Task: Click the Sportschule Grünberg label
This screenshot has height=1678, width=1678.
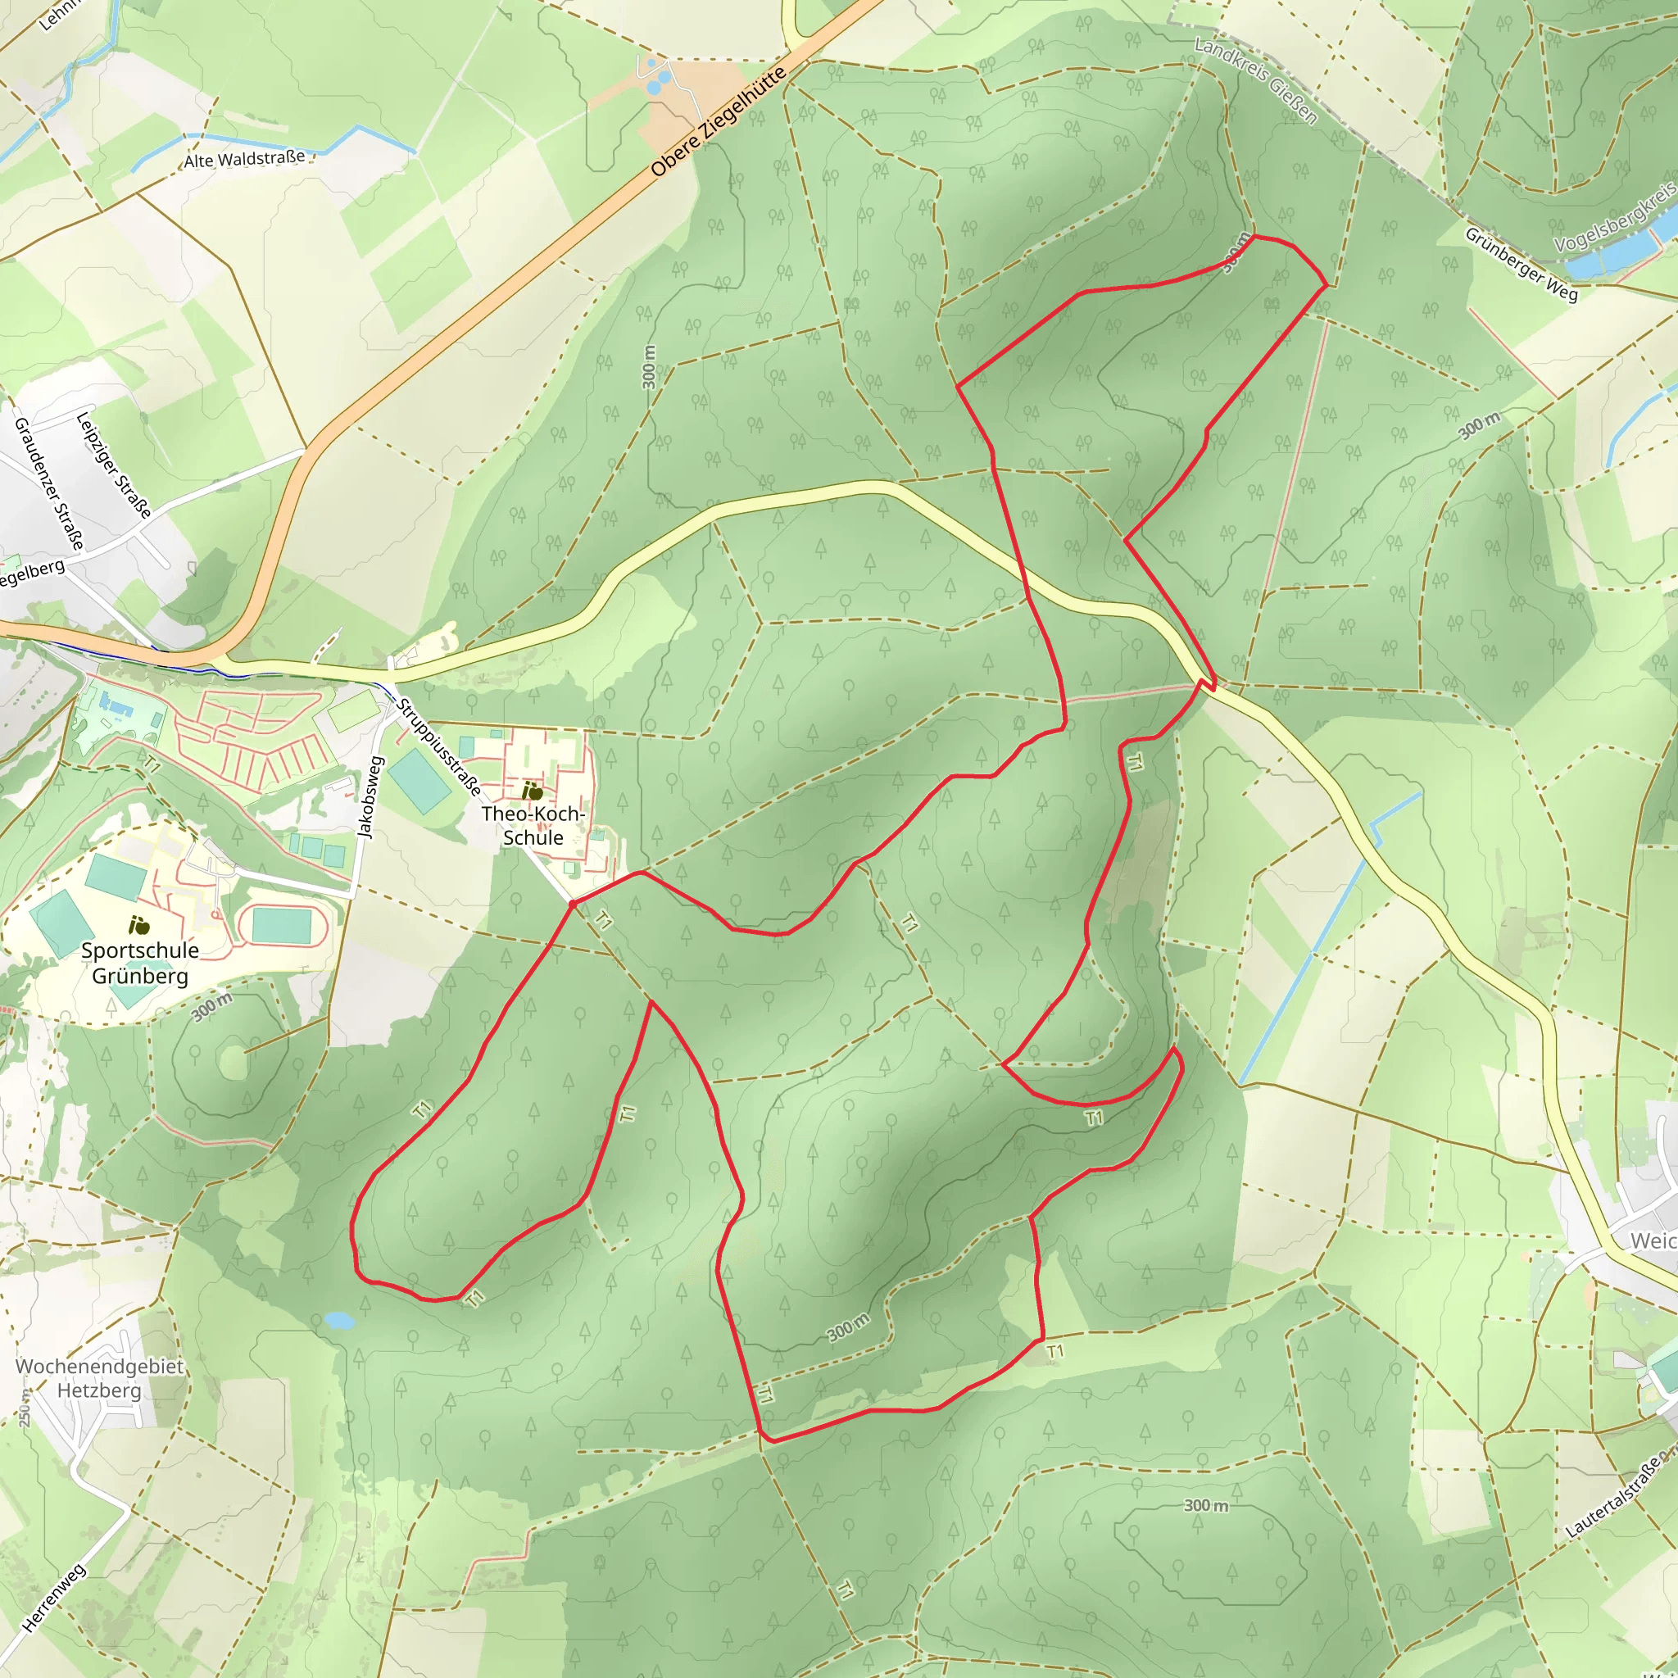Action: coord(140,963)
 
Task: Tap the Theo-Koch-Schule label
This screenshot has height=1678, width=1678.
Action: coord(533,825)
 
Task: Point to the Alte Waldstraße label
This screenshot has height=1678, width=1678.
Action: coord(244,160)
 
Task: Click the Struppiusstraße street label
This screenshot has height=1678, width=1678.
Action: coord(438,746)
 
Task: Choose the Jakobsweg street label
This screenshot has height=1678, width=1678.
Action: coord(371,797)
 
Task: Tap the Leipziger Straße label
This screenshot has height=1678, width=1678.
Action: coord(114,465)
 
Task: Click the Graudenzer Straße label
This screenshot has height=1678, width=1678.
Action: coord(49,483)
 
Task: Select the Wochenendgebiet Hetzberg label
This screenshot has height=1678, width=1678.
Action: coord(99,1378)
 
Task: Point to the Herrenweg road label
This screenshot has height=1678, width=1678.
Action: coord(54,1597)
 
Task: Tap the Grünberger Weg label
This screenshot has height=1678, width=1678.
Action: coord(1521,264)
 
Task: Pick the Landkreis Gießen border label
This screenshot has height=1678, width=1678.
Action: coord(1255,80)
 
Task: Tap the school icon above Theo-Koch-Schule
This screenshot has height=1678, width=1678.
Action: coord(533,791)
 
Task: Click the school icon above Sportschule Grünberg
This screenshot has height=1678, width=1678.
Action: coord(138,926)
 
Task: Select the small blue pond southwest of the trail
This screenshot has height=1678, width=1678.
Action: coord(338,1320)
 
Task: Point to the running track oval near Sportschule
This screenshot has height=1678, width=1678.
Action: coord(281,926)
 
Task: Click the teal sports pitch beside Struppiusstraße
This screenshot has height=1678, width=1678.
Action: coord(419,780)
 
